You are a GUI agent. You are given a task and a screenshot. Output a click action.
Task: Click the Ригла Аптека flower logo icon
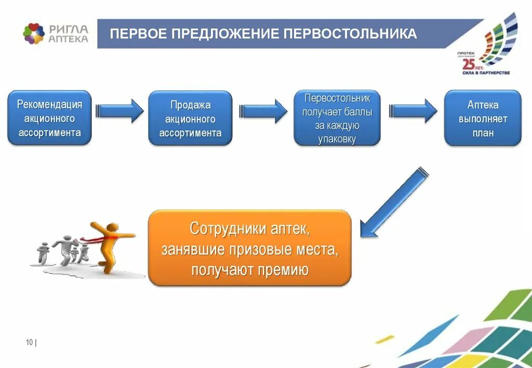coord(34,34)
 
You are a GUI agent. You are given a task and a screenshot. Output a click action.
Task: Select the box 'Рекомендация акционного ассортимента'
coord(49,118)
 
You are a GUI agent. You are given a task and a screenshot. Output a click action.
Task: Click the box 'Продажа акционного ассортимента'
coord(190,119)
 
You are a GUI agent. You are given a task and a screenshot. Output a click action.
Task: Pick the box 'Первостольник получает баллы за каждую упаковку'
coord(337,118)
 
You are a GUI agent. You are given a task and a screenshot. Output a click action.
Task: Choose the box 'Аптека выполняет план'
coord(483,119)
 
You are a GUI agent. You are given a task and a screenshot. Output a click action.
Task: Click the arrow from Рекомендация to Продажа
coord(119,111)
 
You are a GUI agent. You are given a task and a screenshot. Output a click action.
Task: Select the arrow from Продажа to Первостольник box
coord(263,111)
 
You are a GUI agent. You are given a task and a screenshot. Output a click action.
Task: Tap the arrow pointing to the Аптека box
coord(414,111)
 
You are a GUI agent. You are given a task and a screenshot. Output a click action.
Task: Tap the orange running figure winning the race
coord(110,244)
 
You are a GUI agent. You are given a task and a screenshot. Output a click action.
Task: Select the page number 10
coord(29,341)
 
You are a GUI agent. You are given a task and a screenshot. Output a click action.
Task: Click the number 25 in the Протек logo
coord(468,64)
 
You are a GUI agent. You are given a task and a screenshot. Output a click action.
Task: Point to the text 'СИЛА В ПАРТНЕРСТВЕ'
coord(486,73)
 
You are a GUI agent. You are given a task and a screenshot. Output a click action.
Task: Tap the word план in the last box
coord(483,133)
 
